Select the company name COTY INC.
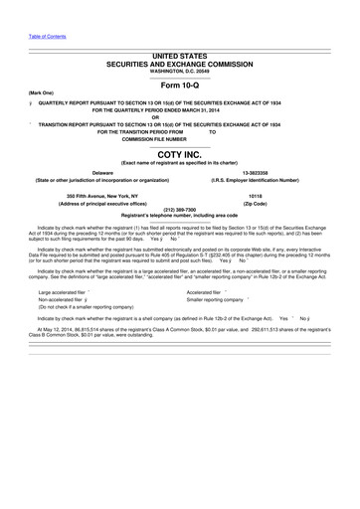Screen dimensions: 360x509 (x=180, y=155)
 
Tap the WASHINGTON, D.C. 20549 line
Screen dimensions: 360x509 (x=180, y=69)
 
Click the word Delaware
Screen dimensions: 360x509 (x=101, y=172)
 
